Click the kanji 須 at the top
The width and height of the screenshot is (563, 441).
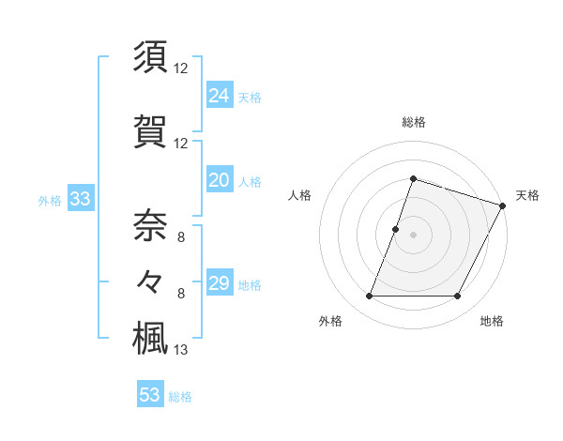point(151,55)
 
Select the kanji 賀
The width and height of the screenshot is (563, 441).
point(151,130)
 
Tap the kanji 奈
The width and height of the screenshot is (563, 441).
point(151,223)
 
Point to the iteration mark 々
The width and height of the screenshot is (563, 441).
point(151,281)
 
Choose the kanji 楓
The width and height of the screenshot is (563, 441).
point(151,337)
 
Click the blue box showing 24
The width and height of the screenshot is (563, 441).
point(220,96)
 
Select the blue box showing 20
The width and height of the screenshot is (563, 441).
point(220,180)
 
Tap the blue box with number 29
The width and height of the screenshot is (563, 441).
point(220,283)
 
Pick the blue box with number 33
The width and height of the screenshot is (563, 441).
point(80,199)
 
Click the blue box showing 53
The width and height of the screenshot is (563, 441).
point(150,395)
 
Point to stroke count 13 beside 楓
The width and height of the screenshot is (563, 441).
point(181,350)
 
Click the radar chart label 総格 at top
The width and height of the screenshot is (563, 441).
point(413,122)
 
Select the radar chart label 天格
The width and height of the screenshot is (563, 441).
point(527,195)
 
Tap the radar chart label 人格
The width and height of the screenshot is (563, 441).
point(300,195)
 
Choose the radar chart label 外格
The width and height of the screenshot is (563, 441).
point(330,322)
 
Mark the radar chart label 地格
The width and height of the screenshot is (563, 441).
point(492,322)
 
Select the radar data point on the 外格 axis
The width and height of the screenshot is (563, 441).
point(369,297)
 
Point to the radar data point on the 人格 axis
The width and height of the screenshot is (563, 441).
point(395,229)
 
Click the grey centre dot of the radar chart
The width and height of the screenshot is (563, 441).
point(413,235)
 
